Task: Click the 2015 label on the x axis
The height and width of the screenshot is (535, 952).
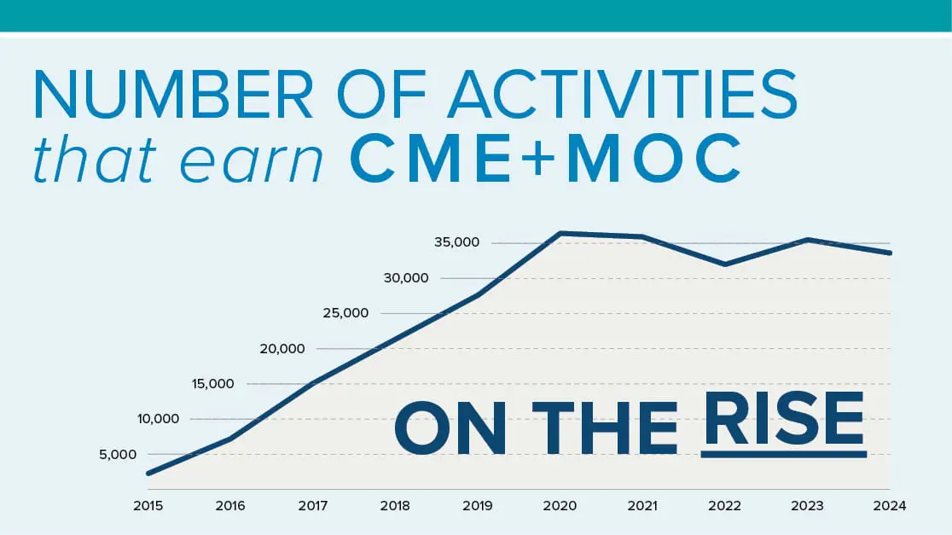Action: (x=148, y=506)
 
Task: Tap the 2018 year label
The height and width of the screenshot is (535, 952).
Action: (x=395, y=506)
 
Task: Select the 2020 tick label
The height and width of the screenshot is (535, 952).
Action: (x=560, y=506)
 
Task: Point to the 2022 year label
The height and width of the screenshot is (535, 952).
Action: (x=725, y=506)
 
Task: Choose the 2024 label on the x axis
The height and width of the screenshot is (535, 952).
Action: (x=890, y=506)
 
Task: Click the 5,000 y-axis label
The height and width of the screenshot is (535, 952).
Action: (x=118, y=455)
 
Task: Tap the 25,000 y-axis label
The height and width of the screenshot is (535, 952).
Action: (x=345, y=313)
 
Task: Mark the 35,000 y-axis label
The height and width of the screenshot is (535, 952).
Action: (x=457, y=242)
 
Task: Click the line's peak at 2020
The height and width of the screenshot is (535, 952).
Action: (x=560, y=233)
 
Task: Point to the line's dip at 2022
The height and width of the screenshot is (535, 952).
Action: (x=725, y=265)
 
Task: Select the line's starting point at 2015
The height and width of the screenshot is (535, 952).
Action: (x=148, y=474)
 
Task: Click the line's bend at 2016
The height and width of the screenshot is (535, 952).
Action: (x=230, y=439)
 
